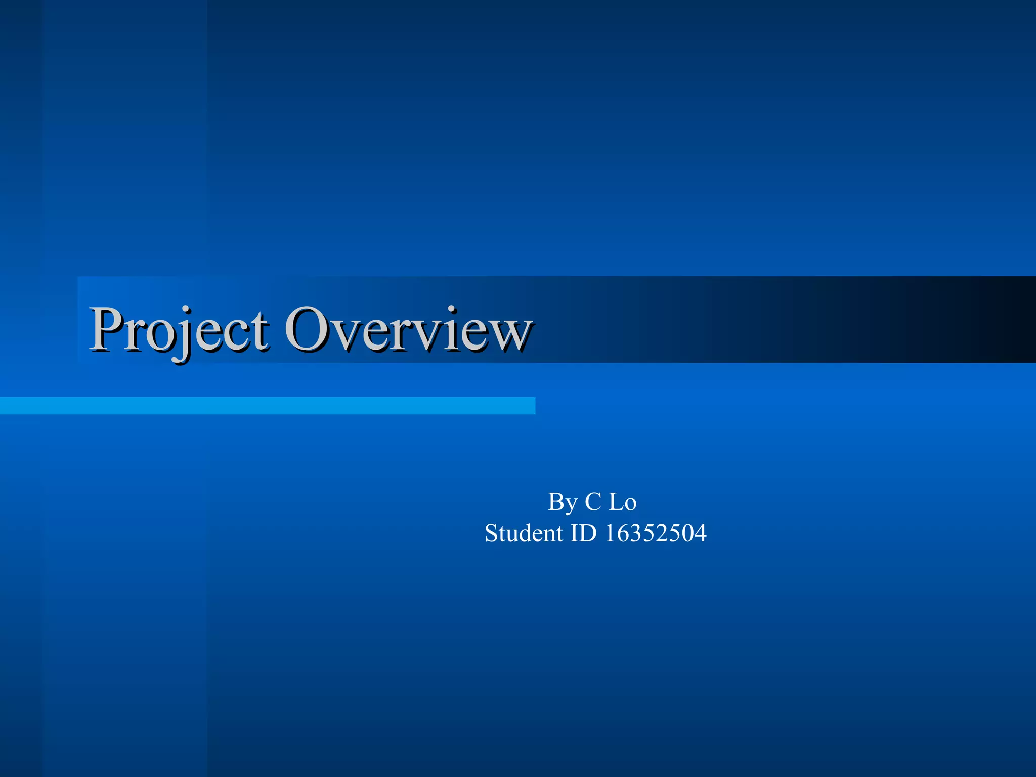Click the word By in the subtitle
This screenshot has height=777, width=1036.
click(563, 502)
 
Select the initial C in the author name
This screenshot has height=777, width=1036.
click(593, 502)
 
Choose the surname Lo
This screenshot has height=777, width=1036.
click(622, 502)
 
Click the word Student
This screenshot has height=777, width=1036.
click(524, 533)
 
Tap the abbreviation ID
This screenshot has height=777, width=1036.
click(584, 533)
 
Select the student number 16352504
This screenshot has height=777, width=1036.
click(656, 533)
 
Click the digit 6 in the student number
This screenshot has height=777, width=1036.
click(623, 534)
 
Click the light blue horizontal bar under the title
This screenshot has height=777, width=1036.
click(267, 406)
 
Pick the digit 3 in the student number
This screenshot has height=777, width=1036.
click(636, 534)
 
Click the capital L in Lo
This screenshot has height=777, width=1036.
click(616, 502)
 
